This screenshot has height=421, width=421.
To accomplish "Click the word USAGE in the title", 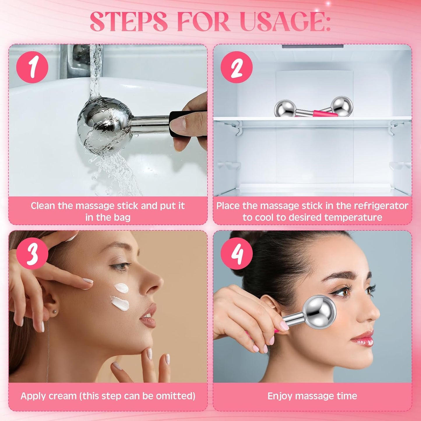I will click(286, 22).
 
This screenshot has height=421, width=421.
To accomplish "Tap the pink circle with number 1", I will click(32, 67).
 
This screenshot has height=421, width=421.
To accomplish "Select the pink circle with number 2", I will click(237, 67).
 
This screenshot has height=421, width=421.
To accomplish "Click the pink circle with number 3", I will click(32, 254).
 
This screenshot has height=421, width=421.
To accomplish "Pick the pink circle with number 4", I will click(237, 254).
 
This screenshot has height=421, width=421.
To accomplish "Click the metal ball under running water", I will click(103, 125).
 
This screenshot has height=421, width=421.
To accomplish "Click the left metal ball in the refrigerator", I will click(285, 109).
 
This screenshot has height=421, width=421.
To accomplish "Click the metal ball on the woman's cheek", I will click(319, 312).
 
